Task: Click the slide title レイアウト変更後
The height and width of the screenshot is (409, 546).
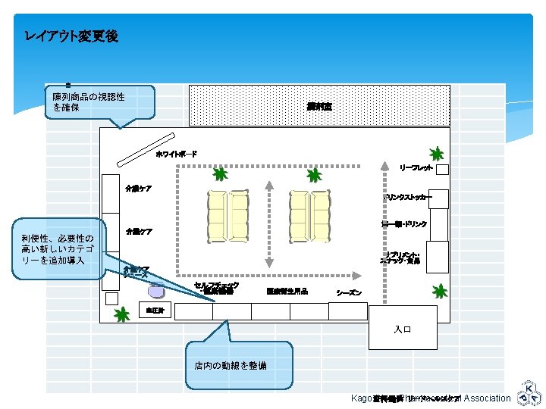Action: pyautogui.click(x=71, y=36)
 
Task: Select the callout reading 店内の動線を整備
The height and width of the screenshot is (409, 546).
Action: pyautogui.click(x=238, y=364)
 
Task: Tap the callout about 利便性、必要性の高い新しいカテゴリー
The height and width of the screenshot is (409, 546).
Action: pyautogui.click(x=58, y=249)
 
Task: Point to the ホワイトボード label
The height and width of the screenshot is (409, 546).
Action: pyautogui.click(x=176, y=155)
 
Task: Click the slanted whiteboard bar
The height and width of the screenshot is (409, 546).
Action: pyautogui.click(x=146, y=151)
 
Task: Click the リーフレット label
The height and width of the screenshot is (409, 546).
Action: pyautogui.click(x=416, y=167)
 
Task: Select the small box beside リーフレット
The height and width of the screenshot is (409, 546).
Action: pyautogui.click(x=442, y=169)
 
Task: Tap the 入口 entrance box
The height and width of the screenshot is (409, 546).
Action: pyautogui.click(x=403, y=328)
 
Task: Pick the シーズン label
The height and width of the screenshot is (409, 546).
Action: pyautogui.click(x=349, y=292)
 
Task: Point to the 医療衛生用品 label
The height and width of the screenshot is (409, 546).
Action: pyautogui.click(x=287, y=291)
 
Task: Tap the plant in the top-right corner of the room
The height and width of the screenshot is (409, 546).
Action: pyautogui.click(x=435, y=154)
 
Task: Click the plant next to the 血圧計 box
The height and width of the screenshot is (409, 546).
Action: pyautogui.click(x=121, y=314)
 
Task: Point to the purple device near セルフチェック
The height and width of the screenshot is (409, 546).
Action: pyautogui.click(x=155, y=289)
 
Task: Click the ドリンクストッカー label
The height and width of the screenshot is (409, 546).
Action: pyautogui.click(x=408, y=198)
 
